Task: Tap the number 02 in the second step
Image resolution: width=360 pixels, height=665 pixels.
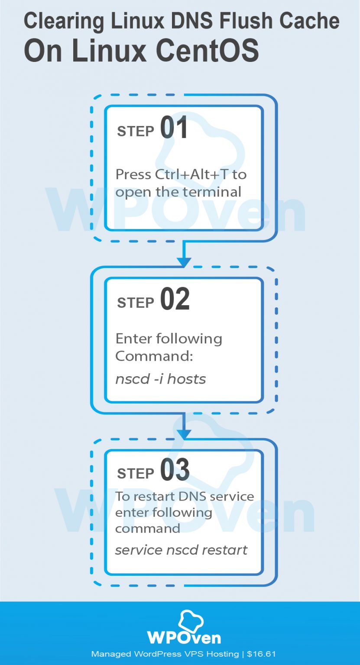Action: (175, 300)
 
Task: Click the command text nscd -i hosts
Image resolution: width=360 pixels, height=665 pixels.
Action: (160, 379)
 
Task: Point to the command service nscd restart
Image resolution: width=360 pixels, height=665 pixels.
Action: (181, 550)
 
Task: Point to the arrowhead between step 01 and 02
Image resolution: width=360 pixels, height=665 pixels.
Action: (184, 261)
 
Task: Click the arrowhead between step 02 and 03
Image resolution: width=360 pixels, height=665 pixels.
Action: (184, 433)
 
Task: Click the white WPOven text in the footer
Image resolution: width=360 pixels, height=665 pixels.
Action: (184, 637)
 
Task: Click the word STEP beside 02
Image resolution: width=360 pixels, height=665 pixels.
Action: (136, 303)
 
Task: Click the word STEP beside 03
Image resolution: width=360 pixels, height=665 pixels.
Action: (136, 473)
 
